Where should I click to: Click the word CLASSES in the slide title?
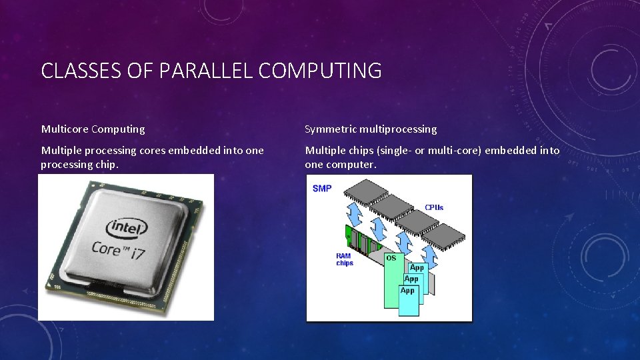[74, 71]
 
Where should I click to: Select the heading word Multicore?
[65, 129]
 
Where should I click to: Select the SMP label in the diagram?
[322, 189]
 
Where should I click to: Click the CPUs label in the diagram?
[434, 207]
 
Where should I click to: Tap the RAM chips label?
[345, 259]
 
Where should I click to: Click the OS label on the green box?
[391, 257]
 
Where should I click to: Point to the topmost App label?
[417, 267]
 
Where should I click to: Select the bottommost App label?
[407, 291]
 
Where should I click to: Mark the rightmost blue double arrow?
[430, 255]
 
